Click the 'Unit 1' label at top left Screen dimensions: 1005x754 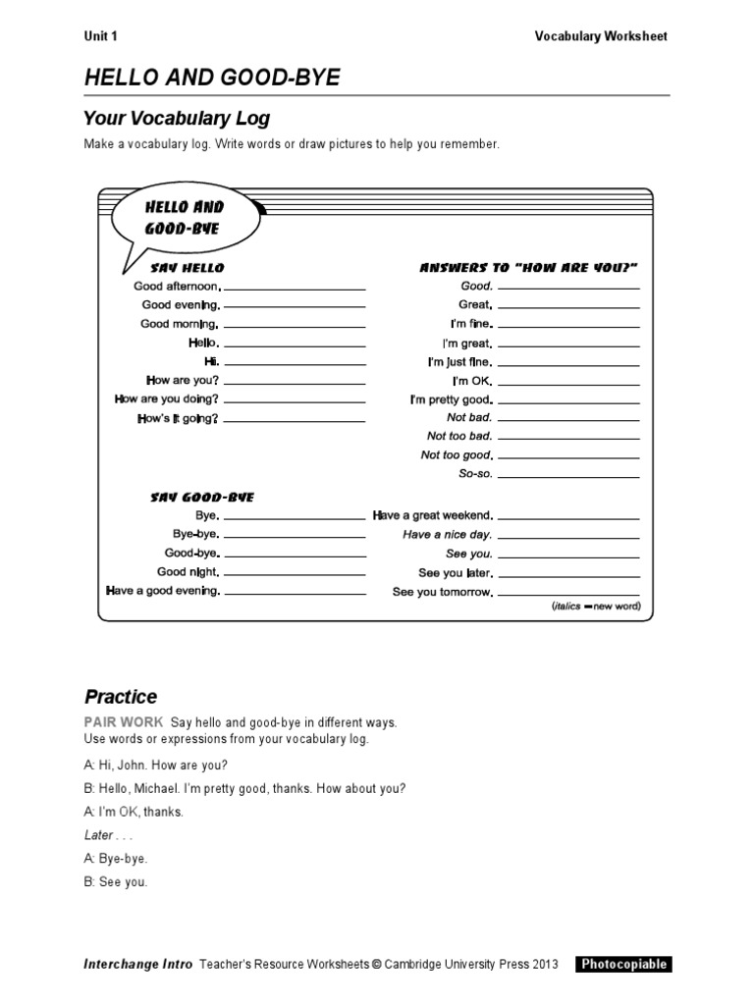[100, 36]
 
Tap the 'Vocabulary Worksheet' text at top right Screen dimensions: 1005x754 [600, 36]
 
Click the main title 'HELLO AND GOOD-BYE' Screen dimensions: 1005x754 [212, 79]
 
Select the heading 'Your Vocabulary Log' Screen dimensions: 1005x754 [177, 119]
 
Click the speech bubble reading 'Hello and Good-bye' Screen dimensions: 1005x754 [184, 219]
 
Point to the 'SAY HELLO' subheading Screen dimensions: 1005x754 [187, 267]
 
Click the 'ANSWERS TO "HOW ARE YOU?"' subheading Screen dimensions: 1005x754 [529, 267]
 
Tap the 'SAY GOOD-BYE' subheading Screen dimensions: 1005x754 [201, 498]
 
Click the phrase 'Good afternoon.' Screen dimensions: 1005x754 [178, 287]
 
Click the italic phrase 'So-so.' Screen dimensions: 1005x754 [476, 474]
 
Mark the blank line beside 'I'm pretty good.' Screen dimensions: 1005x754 [568, 402]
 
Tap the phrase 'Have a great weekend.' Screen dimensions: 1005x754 [433, 515]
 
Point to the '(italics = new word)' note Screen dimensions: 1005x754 [595, 608]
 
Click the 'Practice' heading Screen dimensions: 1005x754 [121, 697]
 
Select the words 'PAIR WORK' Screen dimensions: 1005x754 [124, 722]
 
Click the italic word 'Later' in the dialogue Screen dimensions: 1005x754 [99, 835]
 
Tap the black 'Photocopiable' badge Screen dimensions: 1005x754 [623, 964]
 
